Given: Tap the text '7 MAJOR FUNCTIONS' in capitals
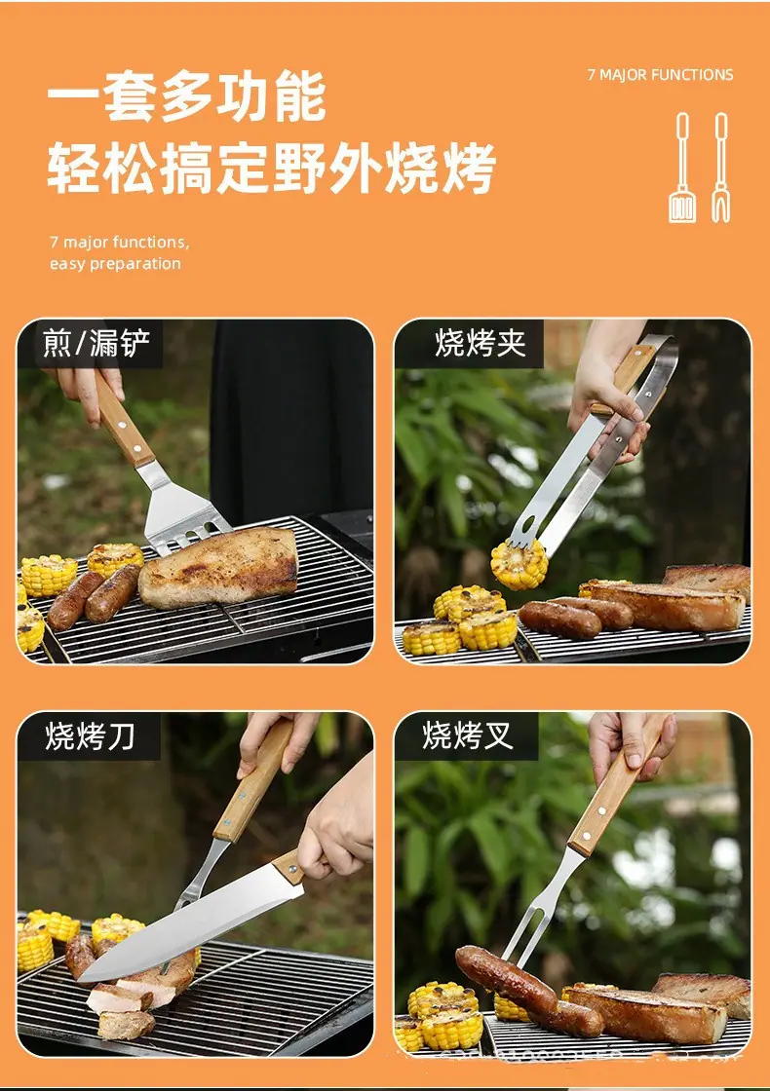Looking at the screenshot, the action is [x=660, y=75].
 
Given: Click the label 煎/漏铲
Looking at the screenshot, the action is [x=96, y=344].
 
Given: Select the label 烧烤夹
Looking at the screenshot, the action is [x=481, y=344].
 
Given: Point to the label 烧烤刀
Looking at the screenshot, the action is [x=90, y=736].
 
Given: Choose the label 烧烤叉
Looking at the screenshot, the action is [x=468, y=735].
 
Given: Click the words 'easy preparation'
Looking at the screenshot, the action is [x=115, y=264].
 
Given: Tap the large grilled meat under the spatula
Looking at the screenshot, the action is [x=218, y=566].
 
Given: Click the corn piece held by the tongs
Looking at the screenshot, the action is [x=519, y=564].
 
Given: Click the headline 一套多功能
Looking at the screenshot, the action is [x=186, y=96].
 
